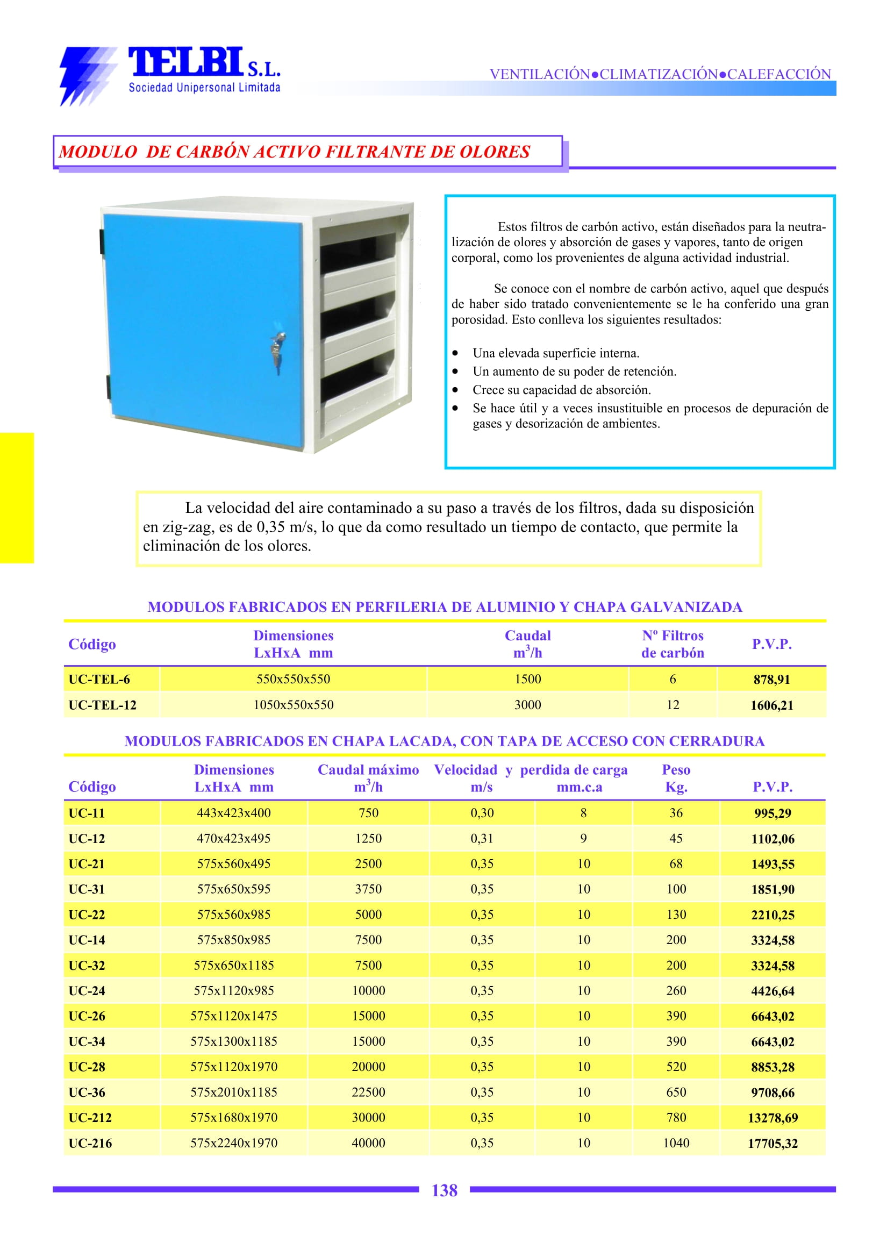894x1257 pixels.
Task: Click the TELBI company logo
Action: (x=170, y=75)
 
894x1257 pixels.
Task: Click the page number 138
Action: (x=444, y=1190)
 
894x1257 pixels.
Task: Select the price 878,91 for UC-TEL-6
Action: (x=771, y=680)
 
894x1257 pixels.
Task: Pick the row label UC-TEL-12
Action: (x=102, y=705)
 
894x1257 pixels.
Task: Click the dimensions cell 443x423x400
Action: (x=234, y=813)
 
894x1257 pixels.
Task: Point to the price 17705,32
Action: (x=773, y=1144)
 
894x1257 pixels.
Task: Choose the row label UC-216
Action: (x=90, y=1144)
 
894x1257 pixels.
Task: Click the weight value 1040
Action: (x=676, y=1143)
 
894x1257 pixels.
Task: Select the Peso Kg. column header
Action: (x=676, y=778)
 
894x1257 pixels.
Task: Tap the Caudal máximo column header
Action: (x=368, y=777)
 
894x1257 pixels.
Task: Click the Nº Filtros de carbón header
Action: (x=672, y=644)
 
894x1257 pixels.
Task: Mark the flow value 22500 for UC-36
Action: (x=368, y=1092)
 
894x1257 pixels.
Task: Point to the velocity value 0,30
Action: (x=482, y=813)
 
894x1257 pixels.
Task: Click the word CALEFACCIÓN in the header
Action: (x=779, y=74)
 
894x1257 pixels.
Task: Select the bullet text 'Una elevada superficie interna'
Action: (x=555, y=353)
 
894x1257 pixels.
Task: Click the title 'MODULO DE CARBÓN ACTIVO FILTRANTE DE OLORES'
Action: (x=295, y=152)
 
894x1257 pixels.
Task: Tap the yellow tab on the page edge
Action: (x=17, y=498)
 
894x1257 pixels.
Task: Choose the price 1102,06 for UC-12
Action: (x=773, y=839)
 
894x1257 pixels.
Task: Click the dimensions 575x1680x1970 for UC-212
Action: (x=234, y=1118)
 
